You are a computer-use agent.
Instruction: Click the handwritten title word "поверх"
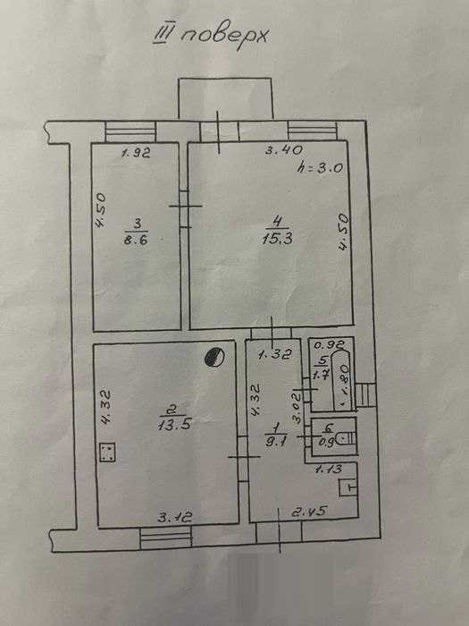[x=224, y=38]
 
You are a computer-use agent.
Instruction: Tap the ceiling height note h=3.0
[x=320, y=168]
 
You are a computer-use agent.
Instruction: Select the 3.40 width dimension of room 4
[x=284, y=150]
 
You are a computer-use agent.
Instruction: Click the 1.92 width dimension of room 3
[x=136, y=153]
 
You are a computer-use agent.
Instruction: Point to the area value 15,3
[x=278, y=239]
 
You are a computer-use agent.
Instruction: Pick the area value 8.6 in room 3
[x=136, y=240]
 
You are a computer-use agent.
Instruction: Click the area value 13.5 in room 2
[x=174, y=425]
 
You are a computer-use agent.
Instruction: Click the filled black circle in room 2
[x=214, y=357]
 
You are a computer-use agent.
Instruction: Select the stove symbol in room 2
[x=107, y=453]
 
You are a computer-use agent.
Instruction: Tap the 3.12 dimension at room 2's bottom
[x=175, y=518]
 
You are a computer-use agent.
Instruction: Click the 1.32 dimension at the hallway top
[x=275, y=354]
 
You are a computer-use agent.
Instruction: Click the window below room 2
[x=166, y=537]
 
